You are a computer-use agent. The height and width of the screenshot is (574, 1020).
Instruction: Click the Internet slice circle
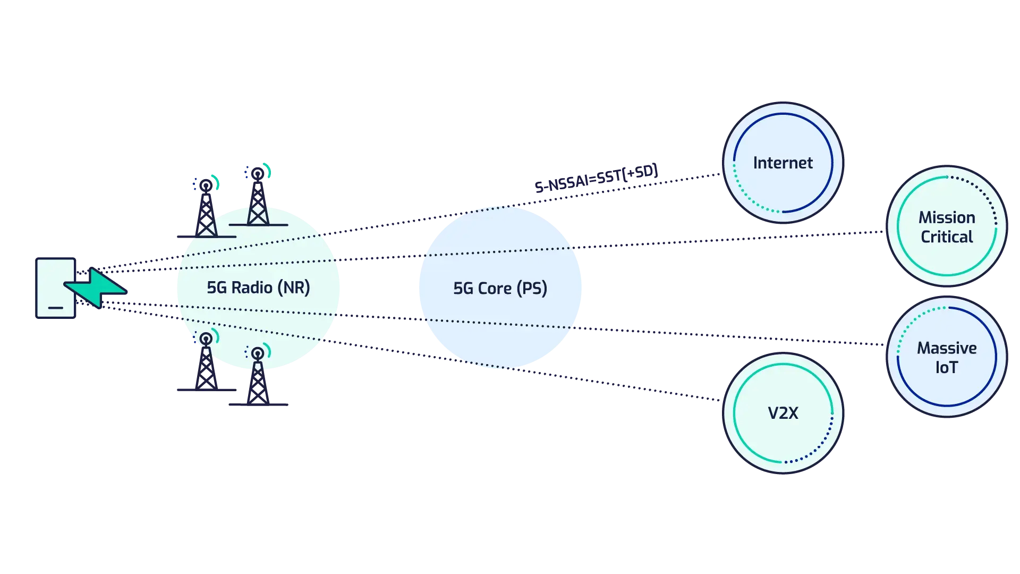tap(783, 163)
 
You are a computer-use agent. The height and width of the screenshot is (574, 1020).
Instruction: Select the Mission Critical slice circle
tap(947, 227)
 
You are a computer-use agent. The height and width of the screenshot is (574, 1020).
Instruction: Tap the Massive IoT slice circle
tap(947, 357)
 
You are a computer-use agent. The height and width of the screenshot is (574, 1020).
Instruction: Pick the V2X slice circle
tap(783, 413)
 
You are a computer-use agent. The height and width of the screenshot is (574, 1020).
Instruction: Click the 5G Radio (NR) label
tap(258, 288)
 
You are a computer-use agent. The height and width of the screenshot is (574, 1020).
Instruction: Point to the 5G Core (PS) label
tap(500, 288)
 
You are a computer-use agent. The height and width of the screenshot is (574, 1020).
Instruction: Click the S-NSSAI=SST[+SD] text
tap(596, 178)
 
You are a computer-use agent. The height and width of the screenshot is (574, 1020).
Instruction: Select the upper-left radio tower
tap(206, 210)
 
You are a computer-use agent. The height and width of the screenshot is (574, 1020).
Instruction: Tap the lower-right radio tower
tap(258, 378)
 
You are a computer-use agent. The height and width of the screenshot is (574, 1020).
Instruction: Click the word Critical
tap(947, 237)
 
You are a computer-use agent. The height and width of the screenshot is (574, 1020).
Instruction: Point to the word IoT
tap(947, 367)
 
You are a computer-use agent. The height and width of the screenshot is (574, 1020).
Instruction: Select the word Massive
tap(947, 348)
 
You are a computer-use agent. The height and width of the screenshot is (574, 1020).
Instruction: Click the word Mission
tap(947, 217)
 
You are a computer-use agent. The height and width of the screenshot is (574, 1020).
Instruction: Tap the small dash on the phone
tap(56, 308)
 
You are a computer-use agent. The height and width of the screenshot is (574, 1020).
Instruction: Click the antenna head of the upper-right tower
tap(258, 174)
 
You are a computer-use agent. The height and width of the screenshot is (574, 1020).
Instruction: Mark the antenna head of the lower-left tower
tap(206, 339)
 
